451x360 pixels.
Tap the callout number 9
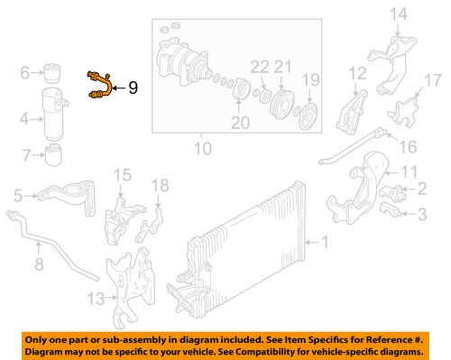point(133,88)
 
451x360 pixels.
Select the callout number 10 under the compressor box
point(202,147)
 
